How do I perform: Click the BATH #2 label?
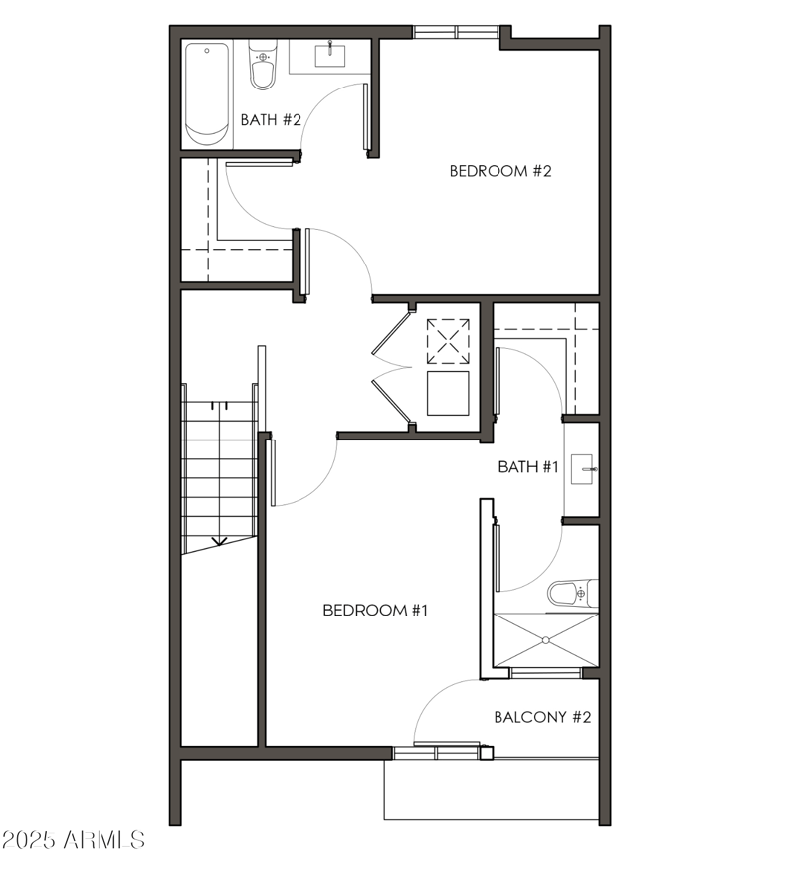[271, 120]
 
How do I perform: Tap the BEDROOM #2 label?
[500, 170]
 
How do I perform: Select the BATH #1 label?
[528, 466]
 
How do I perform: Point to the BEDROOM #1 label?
[375, 610]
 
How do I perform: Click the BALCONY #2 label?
[543, 717]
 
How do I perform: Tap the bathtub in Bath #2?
[207, 91]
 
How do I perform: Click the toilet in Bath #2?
[263, 66]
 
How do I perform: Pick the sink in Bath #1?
[584, 467]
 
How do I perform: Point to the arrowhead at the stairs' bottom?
[220, 542]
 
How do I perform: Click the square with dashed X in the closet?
[448, 341]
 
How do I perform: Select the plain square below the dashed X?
[448, 393]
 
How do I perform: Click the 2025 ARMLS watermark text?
[75, 840]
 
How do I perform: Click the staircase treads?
[220, 467]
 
